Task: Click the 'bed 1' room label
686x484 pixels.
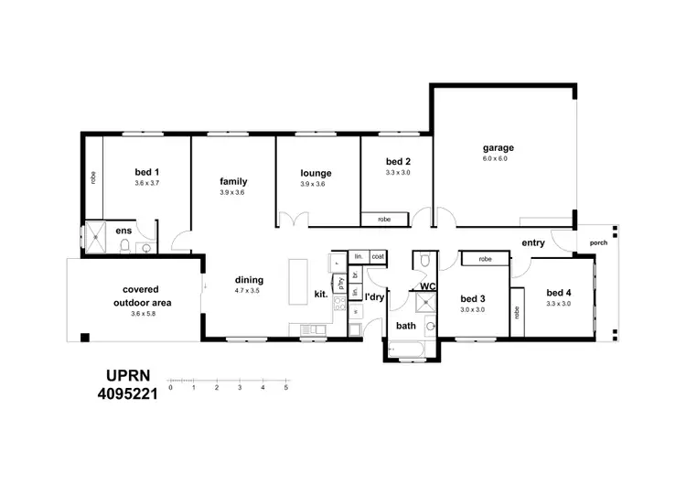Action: [x=147, y=172]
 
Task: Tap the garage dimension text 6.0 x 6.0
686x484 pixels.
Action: [x=498, y=159]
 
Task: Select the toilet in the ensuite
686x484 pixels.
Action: [x=145, y=246]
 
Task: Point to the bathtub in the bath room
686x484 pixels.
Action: [x=404, y=349]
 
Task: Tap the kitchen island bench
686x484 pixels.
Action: [x=299, y=281]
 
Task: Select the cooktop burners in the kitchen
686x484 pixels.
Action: [x=338, y=306]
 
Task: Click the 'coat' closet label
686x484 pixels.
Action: [x=378, y=256]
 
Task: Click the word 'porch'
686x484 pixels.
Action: [x=598, y=242]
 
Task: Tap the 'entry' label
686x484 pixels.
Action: [x=533, y=242]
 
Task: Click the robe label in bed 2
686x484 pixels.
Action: [x=384, y=220]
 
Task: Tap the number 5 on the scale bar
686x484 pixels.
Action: [x=286, y=387]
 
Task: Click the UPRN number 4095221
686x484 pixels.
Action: [x=128, y=395]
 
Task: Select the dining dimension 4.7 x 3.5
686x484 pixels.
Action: [x=248, y=290]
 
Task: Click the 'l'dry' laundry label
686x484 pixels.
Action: [x=374, y=297]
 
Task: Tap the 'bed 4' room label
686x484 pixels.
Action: [x=558, y=294]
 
